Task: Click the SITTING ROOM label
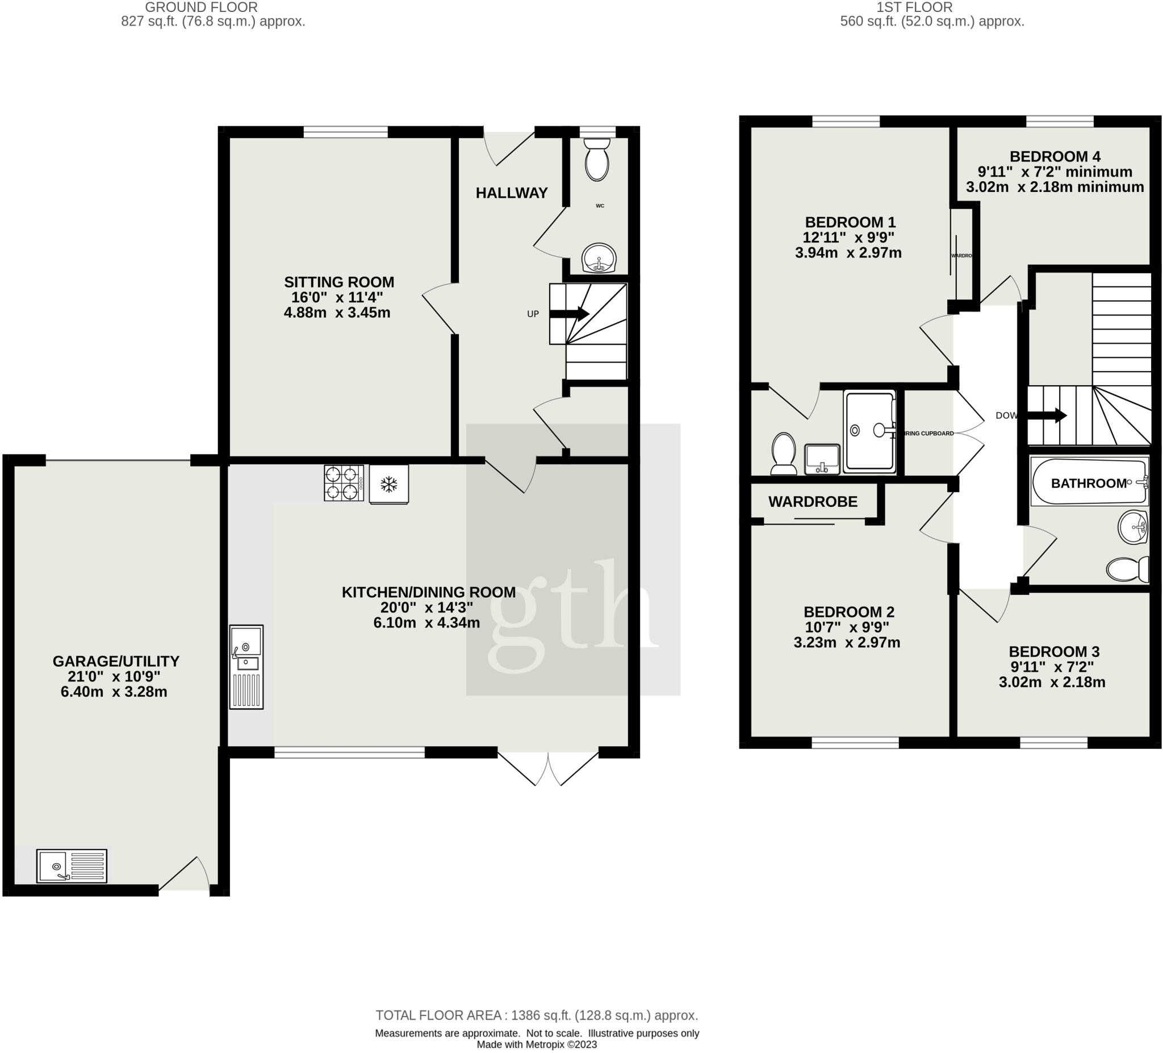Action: [x=338, y=282]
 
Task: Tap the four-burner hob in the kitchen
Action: [x=344, y=482]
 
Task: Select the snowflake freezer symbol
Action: [x=389, y=484]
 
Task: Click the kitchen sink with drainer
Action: [x=246, y=666]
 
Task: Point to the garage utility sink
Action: [x=72, y=866]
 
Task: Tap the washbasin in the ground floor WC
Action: [x=599, y=259]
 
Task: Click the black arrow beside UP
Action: [x=569, y=314]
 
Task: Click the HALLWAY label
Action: [x=512, y=193]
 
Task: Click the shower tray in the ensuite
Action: [x=869, y=431]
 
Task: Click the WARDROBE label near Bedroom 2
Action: [x=812, y=502]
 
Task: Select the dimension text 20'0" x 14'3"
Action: [x=426, y=607]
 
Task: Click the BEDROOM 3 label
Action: [x=1054, y=652]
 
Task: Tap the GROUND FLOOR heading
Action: [x=201, y=7]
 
